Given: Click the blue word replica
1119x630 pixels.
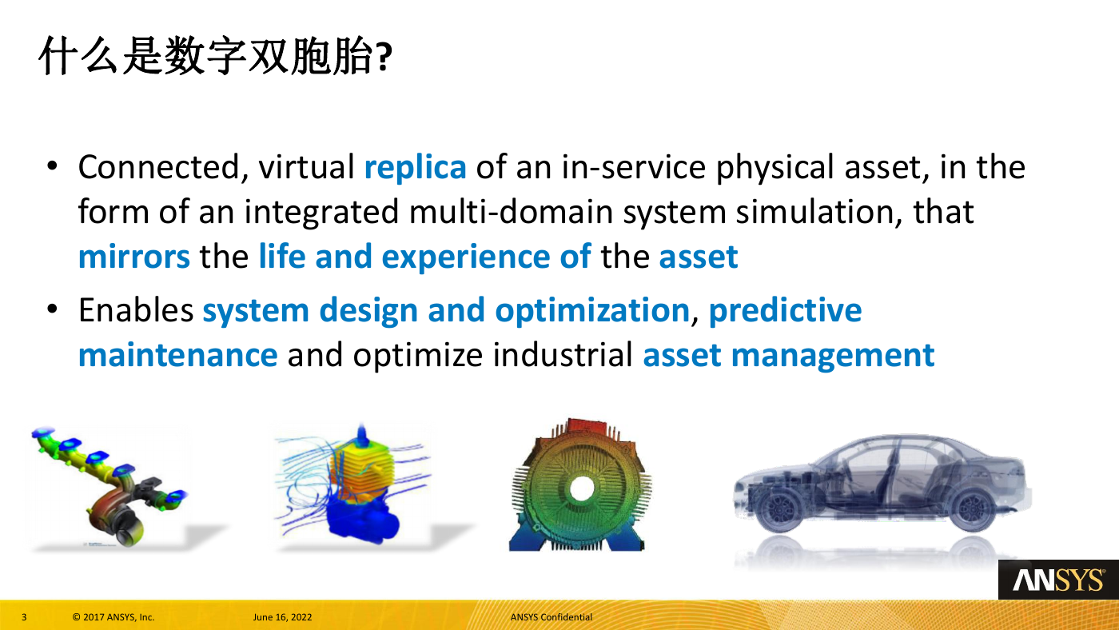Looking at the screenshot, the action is coord(415,167).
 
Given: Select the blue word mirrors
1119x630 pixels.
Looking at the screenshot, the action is coord(134,257).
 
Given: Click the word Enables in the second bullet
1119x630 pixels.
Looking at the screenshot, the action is coord(136,310).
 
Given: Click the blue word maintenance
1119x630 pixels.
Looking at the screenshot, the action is coord(177,355).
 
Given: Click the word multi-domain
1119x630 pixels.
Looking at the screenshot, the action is coord(511,212).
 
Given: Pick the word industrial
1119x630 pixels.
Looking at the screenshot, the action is coord(563,355).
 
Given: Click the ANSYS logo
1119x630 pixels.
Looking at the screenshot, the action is coord(1058,580).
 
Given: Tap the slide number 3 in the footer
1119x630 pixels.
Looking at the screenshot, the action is coord(24,617).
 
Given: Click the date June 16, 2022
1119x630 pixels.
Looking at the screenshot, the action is coord(282,617).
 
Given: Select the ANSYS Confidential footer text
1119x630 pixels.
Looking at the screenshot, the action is coord(551,617).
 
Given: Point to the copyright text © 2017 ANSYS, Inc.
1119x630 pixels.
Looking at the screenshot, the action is coord(113,617).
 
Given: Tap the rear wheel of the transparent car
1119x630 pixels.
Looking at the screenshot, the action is coord(971,509).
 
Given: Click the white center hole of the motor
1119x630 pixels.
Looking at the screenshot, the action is coord(582,488).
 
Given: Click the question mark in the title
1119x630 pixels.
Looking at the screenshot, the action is coord(384,57).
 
